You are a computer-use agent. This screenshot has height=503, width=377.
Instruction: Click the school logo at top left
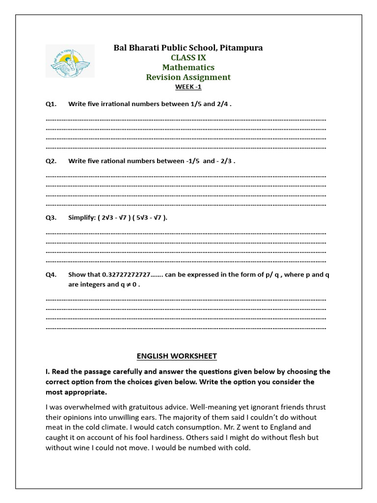70,61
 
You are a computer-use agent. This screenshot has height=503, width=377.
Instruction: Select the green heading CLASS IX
188,57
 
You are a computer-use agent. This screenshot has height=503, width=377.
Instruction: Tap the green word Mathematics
188,67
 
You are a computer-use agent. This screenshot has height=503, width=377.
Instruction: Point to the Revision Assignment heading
188,77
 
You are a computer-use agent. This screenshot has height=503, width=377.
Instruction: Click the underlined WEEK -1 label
188,87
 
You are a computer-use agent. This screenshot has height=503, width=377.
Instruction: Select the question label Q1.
51,104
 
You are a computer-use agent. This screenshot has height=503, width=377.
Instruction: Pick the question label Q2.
51,161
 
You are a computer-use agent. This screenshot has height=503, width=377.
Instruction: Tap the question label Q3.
51,218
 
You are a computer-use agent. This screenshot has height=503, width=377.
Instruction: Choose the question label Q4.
51,275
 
